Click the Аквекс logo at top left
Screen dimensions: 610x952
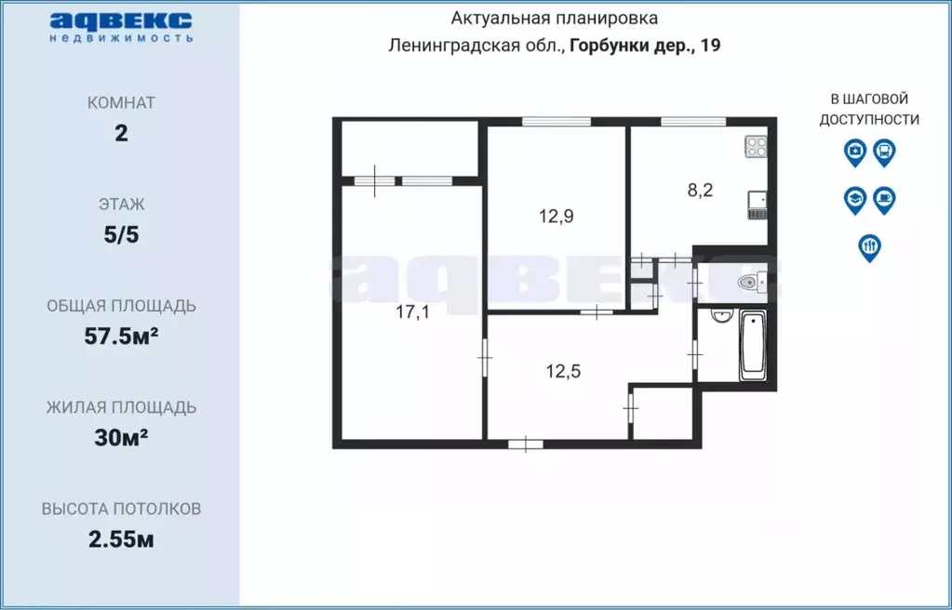click(x=121, y=27)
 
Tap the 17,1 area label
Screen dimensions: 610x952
click(x=412, y=312)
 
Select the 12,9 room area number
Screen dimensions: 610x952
click(x=555, y=217)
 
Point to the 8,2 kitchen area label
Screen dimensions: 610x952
click(x=700, y=191)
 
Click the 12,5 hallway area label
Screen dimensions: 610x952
click(x=563, y=372)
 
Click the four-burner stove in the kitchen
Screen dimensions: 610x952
click(x=756, y=147)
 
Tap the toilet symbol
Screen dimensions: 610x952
click(x=750, y=281)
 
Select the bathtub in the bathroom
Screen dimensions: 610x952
click(x=752, y=346)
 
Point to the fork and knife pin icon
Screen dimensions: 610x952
click(x=869, y=246)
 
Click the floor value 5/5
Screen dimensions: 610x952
click(x=121, y=234)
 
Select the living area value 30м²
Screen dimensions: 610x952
click(x=121, y=437)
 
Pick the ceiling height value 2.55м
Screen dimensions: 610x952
click(x=121, y=539)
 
